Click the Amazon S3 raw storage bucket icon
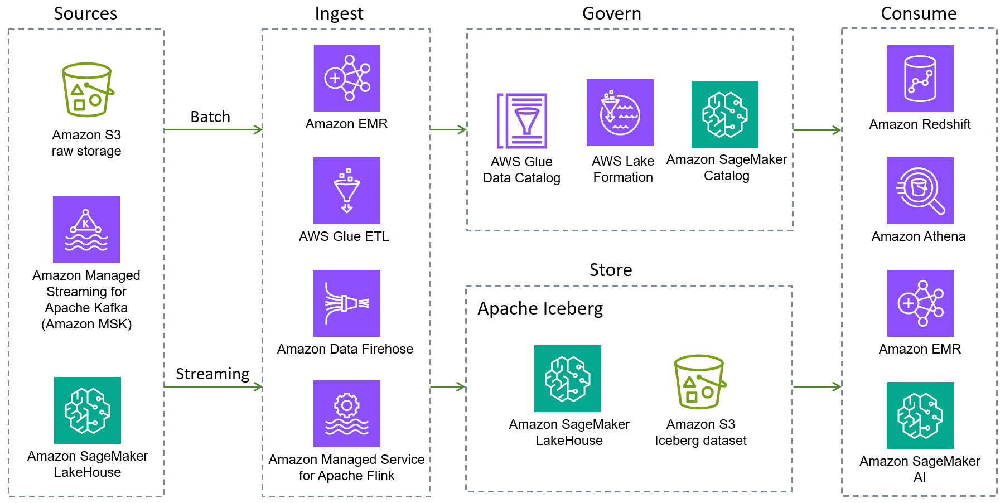pos(86,90)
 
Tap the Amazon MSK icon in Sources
pos(86,230)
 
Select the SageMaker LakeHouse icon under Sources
pos(88,410)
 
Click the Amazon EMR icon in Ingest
pos(347,78)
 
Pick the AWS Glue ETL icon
pos(347,191)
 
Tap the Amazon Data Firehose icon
pos(347,303)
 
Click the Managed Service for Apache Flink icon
pos(347,414)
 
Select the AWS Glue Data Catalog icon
pos(522,121)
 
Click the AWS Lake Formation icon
pos(620,113)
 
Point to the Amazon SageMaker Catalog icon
pos(725,114)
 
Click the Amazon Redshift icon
pos(920,79)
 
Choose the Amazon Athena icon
pos(920,191)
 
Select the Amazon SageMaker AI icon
pos(920,415)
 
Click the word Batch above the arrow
pos(210,117)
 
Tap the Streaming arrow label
pos(212,374)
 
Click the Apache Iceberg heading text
pos(540,308)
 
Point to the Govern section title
pos(612,13)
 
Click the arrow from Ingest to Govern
pos(448,130)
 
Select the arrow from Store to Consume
pos(816,386)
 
